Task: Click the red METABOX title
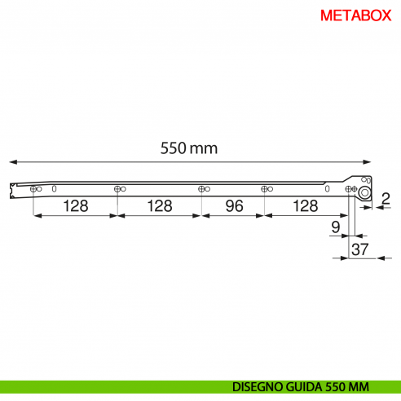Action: pyautogui.click(x=356, y=15)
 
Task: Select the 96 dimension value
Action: pyautogui.click(x=233, y=206)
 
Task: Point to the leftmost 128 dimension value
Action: pyautogui.click(x=76, y=206)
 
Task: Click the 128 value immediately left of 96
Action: pyautogui.click(x=160, y=206)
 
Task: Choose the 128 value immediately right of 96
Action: pyautogui.click(x=305, y=206)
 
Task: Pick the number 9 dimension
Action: pyautogui.click(x=336, y=225)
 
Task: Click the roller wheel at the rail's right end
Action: pyautogui.click(x=366, y=193)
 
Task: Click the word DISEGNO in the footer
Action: pyautogui.click(x=258, y=386)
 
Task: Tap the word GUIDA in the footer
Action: pyautogui.click(x=305, y=386)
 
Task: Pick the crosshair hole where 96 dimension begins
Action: pyautogui.click(x=201, y=189)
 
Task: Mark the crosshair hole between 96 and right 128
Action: pyautogui.click(x=264, y=189)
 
